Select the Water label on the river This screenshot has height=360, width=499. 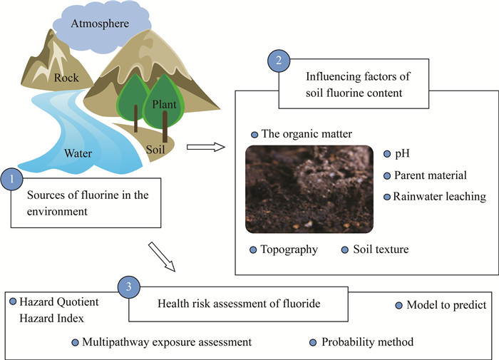pos(79,152)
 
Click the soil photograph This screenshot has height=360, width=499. pos(308,189)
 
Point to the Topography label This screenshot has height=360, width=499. pos(288,250)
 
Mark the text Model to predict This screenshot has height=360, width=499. pos(446,306)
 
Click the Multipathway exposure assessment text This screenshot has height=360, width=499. pos(166,342)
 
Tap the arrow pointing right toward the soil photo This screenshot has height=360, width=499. pos(205,148)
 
